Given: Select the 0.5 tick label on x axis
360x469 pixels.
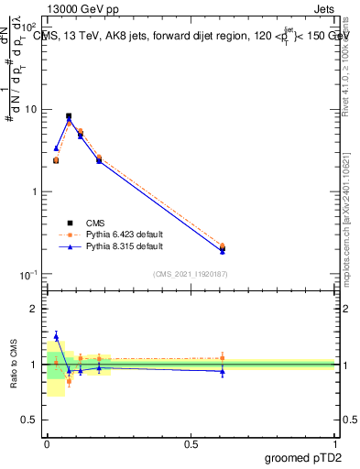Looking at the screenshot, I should click(191, 444).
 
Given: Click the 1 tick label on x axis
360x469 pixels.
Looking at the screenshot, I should click(335, 444).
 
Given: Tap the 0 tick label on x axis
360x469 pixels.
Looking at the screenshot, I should click(47, 444).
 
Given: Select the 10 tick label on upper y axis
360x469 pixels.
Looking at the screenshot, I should click(29, 109).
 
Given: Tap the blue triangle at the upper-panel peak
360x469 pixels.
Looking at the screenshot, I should click(69, 120).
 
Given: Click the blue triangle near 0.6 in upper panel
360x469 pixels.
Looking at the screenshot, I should click(223, 250).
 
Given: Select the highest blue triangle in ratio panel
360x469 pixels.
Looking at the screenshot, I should click(56, 336).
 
